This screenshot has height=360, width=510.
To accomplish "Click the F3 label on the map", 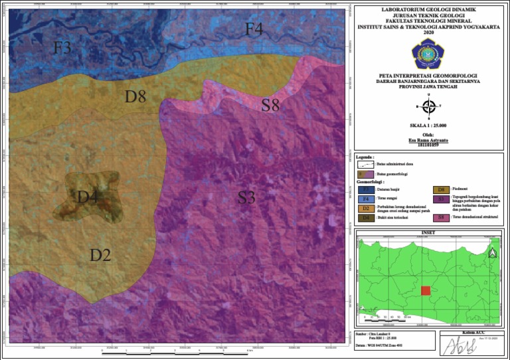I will pyautogui.click(x=62, y=48).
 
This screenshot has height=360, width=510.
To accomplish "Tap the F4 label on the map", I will pyautogui.click(x=254, y=29).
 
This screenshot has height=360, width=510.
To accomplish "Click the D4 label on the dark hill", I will pyautogui.click(x=88, y=197).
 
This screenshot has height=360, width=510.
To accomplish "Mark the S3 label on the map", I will pyautogui.click(x=246, y=197).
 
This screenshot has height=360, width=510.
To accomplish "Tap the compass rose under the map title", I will pyautogui.click(x=430, y=106).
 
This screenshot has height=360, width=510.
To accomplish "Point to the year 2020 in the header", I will pyautogui.click(x=430, y=33).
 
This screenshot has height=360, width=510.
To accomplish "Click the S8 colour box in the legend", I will pyautogui.click(x=441, y=217).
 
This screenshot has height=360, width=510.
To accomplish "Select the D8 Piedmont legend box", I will pyautogui.click(x=441, y=189).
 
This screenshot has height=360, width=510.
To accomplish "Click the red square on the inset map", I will pyautogui.click(x=426, y=291).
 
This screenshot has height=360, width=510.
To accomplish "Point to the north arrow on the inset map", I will pyautogui.click(x=492, y=252).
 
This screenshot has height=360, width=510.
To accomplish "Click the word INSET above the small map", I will pyautogui.click(x=430, y=232).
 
